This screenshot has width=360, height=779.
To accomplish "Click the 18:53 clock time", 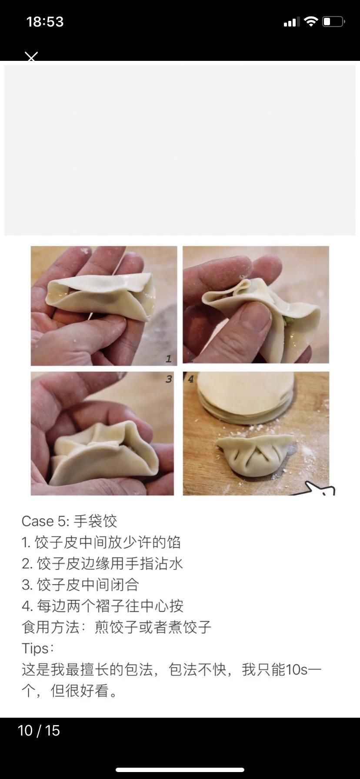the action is click(45, 22).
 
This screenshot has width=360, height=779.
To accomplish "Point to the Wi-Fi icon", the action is click(311, 21).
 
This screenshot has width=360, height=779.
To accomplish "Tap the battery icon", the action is click(333, 21).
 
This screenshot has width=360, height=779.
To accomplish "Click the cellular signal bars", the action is click(292, 22).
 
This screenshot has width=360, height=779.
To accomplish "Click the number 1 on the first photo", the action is click(169, 359).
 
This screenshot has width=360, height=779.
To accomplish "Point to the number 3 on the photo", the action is click(169, 379).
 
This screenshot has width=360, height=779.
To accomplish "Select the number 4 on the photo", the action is click(190, 379).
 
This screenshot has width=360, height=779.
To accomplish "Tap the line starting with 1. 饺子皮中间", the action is click(101, 542).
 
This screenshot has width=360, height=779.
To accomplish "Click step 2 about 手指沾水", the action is click(103, 563).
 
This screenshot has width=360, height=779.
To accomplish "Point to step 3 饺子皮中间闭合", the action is click(80, 585).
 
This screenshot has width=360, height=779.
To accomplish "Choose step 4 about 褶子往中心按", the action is click(103, 606).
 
